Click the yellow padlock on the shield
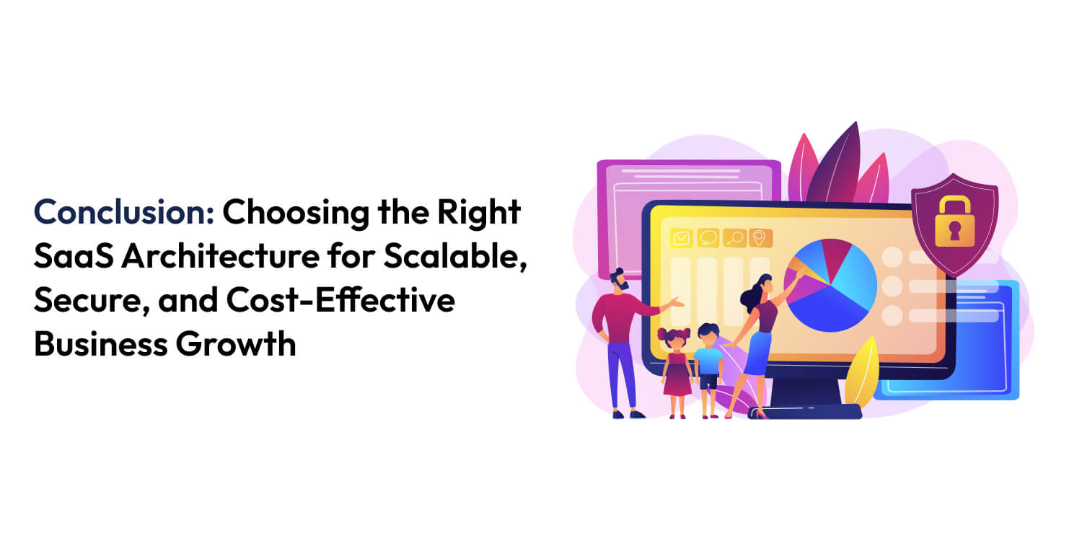pos(954,221)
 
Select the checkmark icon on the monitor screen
pos(682,237)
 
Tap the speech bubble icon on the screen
pos(708,237)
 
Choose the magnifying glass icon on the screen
pos(734,237)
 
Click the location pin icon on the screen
pos(759,237)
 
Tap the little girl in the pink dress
pos(676,368)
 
